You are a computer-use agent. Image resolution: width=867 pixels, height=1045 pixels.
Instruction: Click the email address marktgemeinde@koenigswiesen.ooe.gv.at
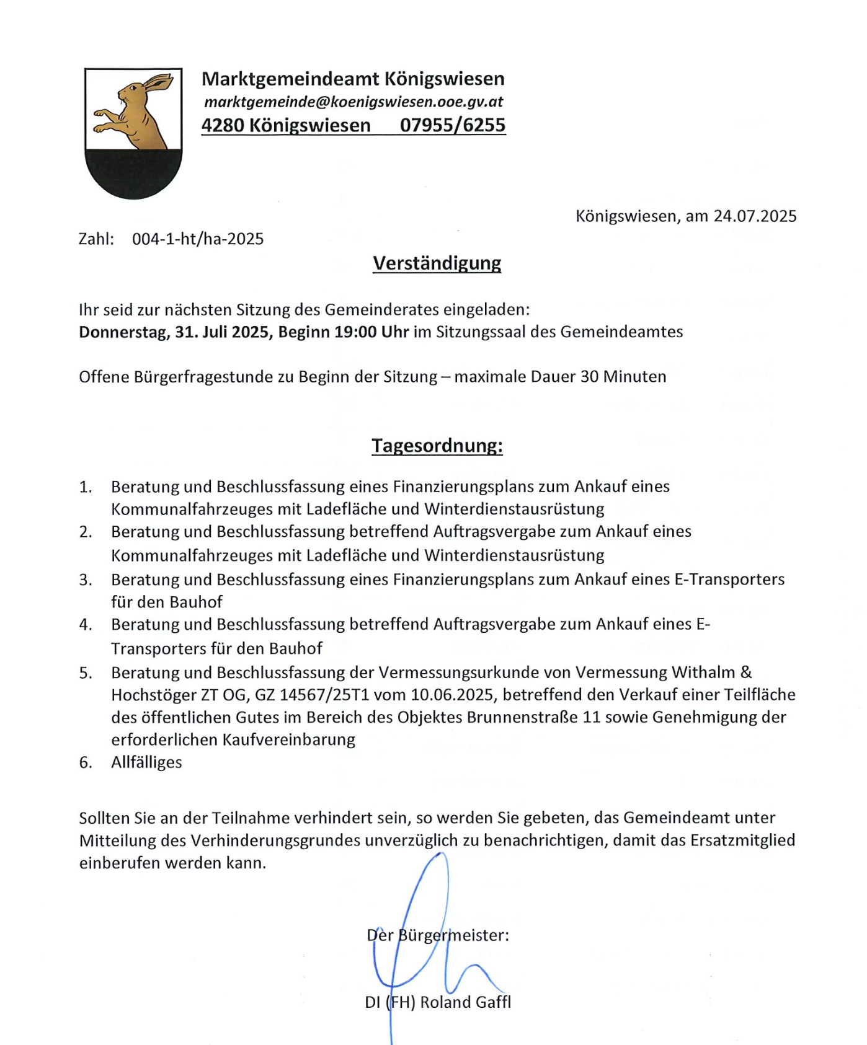coord(353,102)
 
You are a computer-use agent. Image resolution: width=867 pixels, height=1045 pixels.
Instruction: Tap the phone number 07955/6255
coord(453,125)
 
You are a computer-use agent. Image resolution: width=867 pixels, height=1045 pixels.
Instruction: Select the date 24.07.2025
coord(755,216)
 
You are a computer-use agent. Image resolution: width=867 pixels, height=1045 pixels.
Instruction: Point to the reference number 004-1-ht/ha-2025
coord(198,239)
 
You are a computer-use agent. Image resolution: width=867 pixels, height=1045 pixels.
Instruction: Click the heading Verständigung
coord(437,263)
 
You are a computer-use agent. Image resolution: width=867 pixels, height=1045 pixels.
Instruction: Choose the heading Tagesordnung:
coord(437,446)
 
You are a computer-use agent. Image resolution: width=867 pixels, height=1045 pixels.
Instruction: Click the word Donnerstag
coord(122,332)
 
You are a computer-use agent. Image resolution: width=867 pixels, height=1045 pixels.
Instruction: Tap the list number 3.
coord(85,580)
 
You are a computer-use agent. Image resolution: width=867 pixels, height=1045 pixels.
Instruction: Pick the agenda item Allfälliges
coord(146,762)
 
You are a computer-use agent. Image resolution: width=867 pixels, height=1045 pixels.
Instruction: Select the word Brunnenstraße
coord(522,717)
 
